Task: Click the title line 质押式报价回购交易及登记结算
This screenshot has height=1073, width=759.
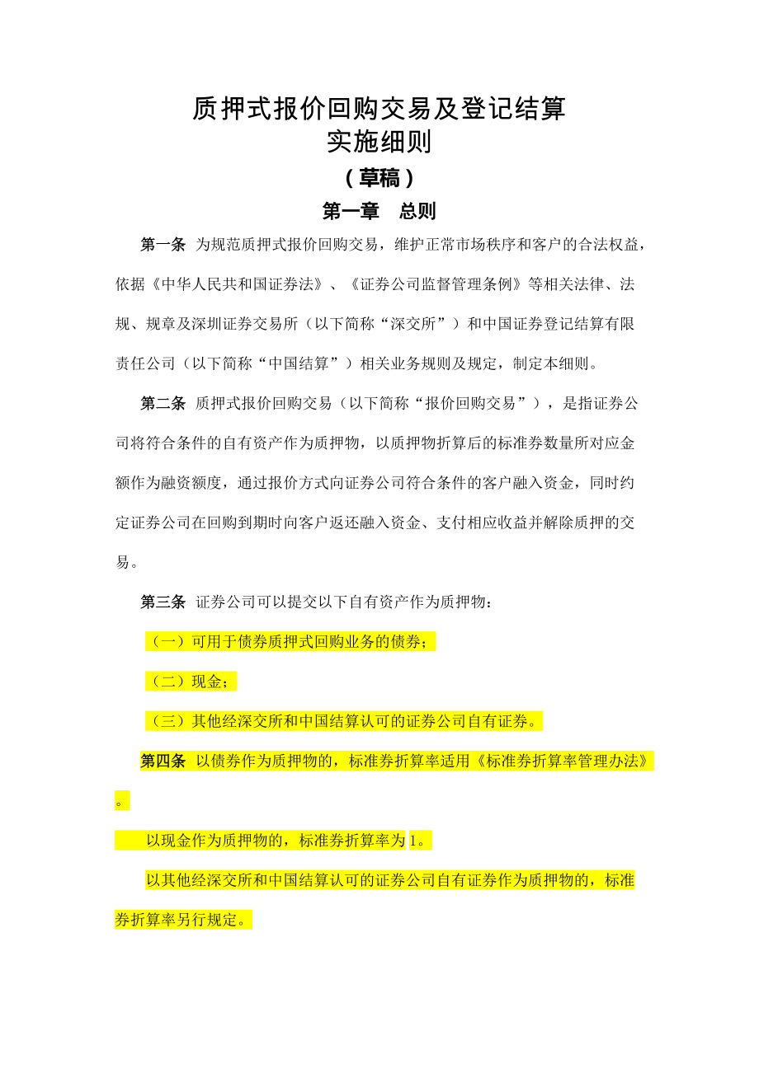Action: pyautogui.click(x=379, y=108)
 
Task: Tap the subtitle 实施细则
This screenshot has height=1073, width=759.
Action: pyautogui.click(x=379, y=142)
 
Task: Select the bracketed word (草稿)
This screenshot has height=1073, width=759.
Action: pyautogui.click(x=379, y=178)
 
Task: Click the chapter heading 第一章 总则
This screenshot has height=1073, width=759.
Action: pyautogui.click(x=379, y=211)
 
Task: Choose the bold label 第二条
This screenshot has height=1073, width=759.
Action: pyautogui.click(x=163, y=403)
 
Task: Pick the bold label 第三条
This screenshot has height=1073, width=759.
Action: pyautogui.click(x=163, y=602)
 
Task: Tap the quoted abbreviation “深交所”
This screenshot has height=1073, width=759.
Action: pyautogui.click(x=408, y=324)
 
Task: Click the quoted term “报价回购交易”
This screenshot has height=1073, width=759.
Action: pyautogui.click(x=476, y=403)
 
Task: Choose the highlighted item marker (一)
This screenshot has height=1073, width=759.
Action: pyautogui.click(x=168, y=642)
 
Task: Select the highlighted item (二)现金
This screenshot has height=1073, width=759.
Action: pyautogui.click(x=191, y=682)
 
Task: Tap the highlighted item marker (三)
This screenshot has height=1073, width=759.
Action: pyautogui.click(x=168, y=722)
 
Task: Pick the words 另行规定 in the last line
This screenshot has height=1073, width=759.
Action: pyautogui.click(x=207, y=921)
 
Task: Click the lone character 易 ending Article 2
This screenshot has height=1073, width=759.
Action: pyautogui.click(x=123, y=562)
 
